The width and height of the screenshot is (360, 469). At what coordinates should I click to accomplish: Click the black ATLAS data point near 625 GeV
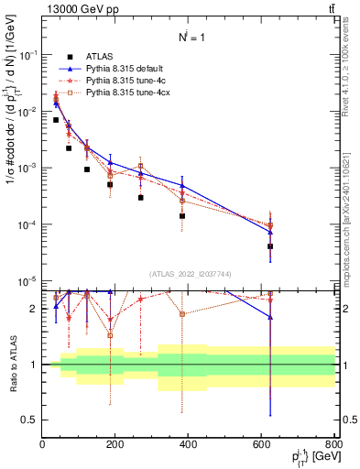(270, 246)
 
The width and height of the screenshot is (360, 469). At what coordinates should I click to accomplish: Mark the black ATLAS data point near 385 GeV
(182, 216)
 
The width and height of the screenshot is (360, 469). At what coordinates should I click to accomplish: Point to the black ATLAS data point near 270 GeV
(140, 197)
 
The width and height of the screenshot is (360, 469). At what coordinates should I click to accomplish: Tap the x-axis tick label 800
(333, 444)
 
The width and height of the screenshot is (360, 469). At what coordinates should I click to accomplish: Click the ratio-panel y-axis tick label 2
(34, 309)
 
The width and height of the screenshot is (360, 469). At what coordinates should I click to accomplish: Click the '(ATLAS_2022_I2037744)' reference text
(189, 274)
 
